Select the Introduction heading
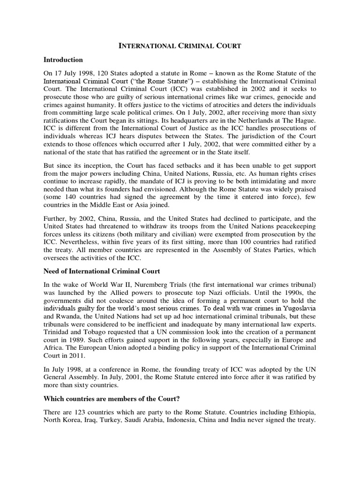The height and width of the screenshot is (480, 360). pos(63,60)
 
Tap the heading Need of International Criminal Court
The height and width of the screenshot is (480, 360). pos(102,271)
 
